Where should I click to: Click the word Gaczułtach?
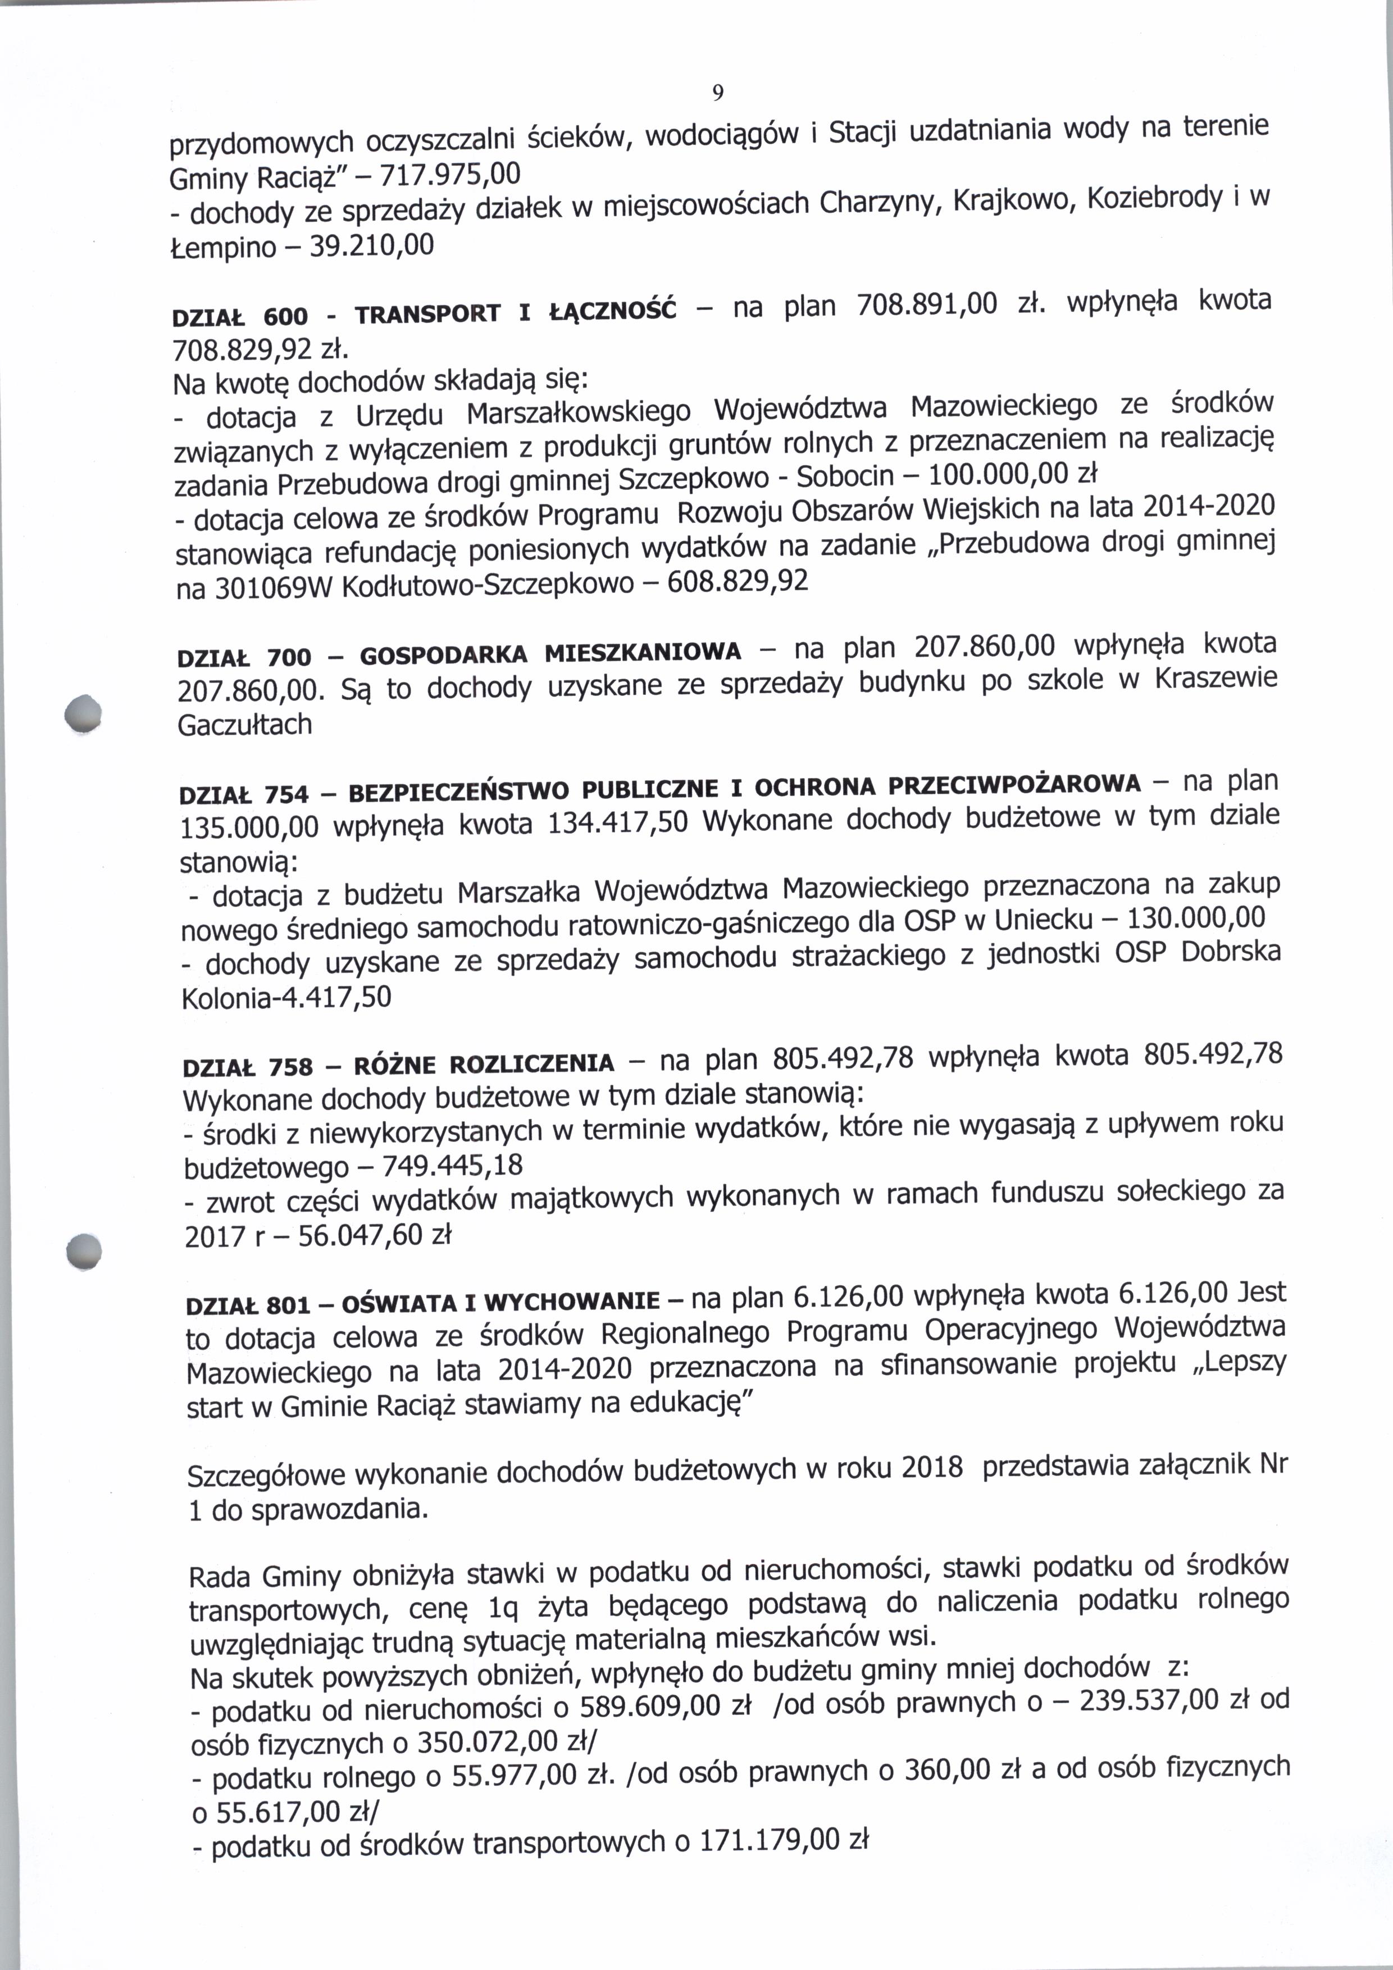(x=244, y=725)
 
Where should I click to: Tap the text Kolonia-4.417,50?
(x=286, y=997)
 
